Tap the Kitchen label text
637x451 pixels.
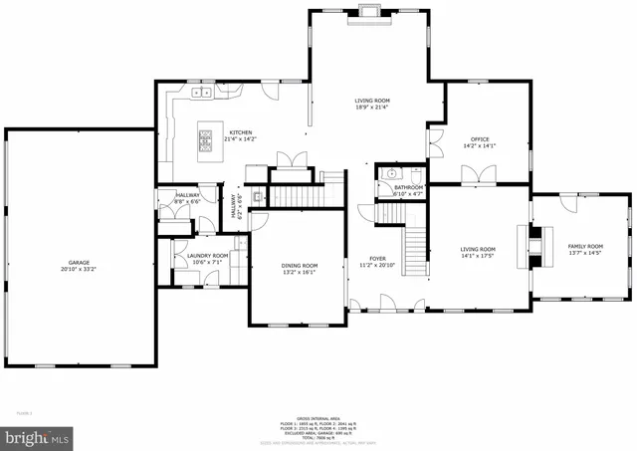240,132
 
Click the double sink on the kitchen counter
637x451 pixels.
202,92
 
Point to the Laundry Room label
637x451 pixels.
207,256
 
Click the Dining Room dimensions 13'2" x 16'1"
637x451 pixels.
300,272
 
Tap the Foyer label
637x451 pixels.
377,258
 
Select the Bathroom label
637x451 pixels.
408,187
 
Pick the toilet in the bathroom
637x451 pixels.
386,195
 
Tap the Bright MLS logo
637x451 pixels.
38,436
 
